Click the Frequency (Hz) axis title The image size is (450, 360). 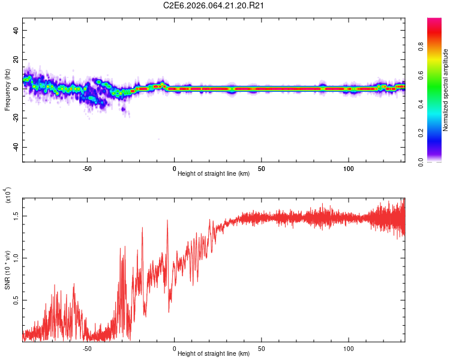[8, 90]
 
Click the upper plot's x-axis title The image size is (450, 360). [214, 174]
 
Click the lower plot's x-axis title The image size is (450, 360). [214, 354]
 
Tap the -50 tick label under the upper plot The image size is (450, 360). [87, 169]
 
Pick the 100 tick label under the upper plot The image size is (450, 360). [349, 169]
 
